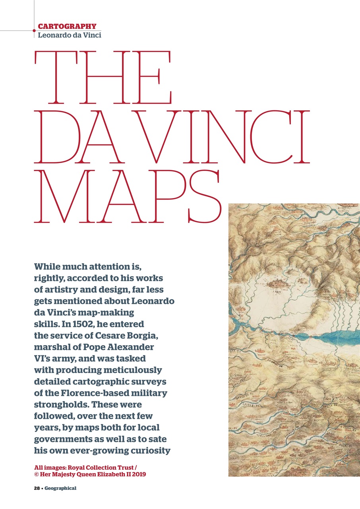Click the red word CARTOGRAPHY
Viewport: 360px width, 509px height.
click(67, 27)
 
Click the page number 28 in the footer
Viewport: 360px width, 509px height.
click(36, 488)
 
